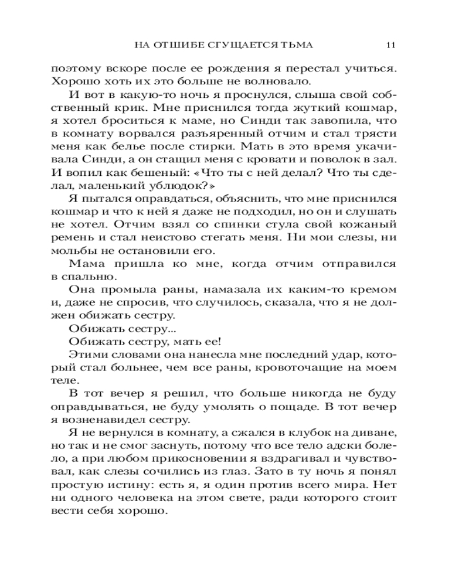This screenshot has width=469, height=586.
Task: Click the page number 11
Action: tap(392, 45)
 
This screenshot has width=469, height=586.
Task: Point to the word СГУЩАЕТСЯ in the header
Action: tap(236, 45)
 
